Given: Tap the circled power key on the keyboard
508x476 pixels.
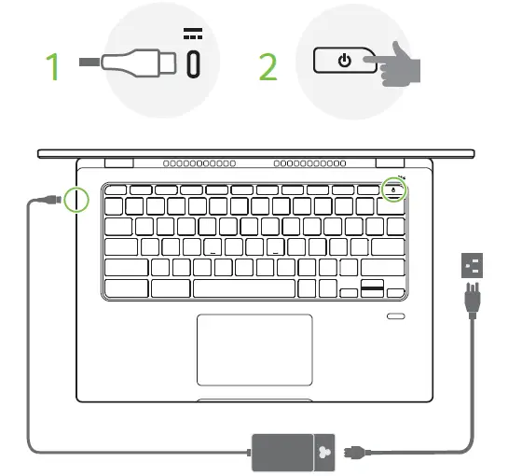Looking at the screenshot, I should (x=393, y=190).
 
